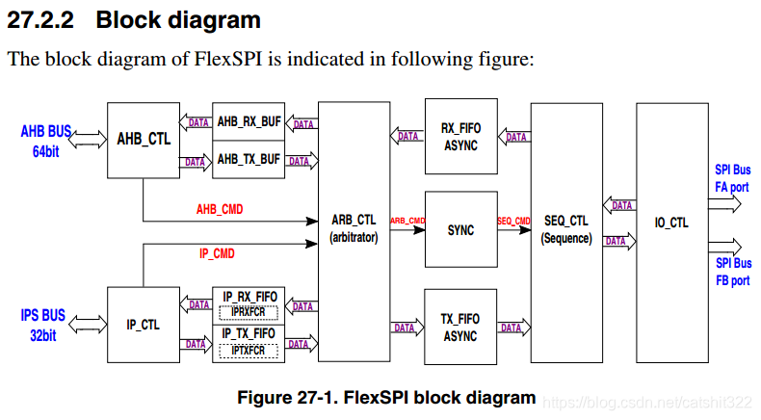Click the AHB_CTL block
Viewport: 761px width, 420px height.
pos(144,140)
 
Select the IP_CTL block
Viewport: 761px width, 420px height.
pos(144,325)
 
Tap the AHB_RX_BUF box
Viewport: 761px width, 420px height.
pos(249,122)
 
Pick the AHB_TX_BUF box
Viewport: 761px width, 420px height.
pos(249,159)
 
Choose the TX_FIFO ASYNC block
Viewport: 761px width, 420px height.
pos(459,327)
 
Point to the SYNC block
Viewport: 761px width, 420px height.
pos(460,231)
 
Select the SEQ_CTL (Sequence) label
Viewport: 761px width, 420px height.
pos(565,229)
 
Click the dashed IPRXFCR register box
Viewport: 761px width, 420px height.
pos(249,312)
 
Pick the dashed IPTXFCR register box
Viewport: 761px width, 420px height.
pos(249,351)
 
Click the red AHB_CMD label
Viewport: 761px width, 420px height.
pos(220,208)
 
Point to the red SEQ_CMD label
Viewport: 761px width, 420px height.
pos(513,222)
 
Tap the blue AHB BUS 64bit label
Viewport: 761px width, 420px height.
pos(46,140)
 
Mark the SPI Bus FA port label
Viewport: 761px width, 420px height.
pos(732,178)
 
